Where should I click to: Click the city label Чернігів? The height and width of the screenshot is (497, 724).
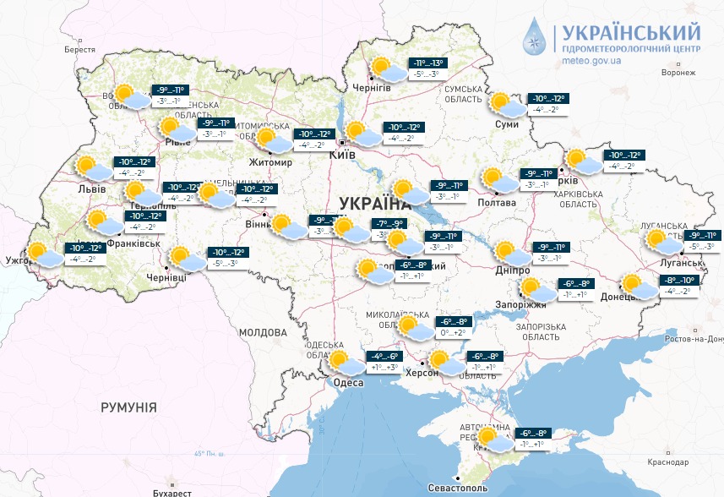click(373, 88)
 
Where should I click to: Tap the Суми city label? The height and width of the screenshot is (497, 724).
click(506, 125)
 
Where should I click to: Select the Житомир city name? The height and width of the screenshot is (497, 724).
click(270, 162)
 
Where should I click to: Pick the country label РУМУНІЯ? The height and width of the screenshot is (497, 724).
click(128, 407)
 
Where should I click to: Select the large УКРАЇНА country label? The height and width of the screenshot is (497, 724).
click(373, 203)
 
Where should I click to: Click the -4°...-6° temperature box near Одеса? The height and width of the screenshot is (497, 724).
click(384, 356)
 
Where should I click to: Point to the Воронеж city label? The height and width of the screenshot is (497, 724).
click(678, 73)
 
